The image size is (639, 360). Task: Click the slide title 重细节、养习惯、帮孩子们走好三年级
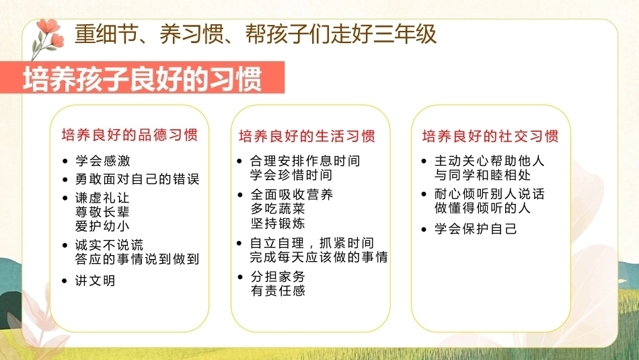[x=256, y=34]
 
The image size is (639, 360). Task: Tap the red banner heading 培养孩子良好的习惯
[x=142, y=78]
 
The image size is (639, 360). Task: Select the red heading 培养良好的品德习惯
[x=130, y=135]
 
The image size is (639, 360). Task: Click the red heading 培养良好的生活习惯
[x=307, y=136]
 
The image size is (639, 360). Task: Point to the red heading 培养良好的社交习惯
[x=490, y=136]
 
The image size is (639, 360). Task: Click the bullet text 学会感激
[x=103, y=161]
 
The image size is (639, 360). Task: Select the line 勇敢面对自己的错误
[x=137, y=179]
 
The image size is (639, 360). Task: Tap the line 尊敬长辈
[x=102, y=212]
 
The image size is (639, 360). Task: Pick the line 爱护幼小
[x=102, y=226]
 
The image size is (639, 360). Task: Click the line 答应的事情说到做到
[x=137, y=259]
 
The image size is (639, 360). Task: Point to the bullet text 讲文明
[x=96, y=281]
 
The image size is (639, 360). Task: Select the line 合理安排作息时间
[x=305, y=161]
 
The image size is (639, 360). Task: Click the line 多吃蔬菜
[x=278, y=209]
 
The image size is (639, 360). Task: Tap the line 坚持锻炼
[x=278, y=223]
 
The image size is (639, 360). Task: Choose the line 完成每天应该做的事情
[x=319, y=257]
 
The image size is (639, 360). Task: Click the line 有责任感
[x=278, y=291]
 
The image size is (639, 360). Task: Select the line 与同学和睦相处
[x=482, y=175]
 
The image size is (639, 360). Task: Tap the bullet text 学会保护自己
[x=476, y=229]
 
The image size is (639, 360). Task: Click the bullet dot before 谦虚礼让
[x=65, y=198]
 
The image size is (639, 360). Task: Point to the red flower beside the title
[x=49, y=36]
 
